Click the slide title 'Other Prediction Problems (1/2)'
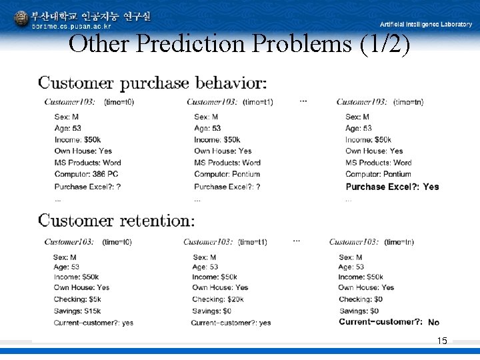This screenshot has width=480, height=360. click(239, 44)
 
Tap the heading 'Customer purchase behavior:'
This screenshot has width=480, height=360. click(153, 83)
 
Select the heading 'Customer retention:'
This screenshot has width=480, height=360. click(117, 221)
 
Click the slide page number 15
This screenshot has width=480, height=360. click(442, 341)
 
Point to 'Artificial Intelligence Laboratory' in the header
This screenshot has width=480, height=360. click(425, 24)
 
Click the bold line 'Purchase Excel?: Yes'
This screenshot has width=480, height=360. click(392, 187)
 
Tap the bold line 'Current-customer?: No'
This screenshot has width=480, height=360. click(389, 322)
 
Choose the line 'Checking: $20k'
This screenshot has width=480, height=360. click(218, 299)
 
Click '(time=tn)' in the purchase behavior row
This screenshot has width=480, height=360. click(408, 102)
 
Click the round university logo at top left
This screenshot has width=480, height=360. click(21, 18)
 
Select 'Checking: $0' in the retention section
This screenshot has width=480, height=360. click(360, 299)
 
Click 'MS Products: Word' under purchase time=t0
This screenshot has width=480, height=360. click(87, 163)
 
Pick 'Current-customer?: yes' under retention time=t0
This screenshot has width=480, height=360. click(93, 323)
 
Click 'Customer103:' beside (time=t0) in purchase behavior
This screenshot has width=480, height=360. click(69, 102)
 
